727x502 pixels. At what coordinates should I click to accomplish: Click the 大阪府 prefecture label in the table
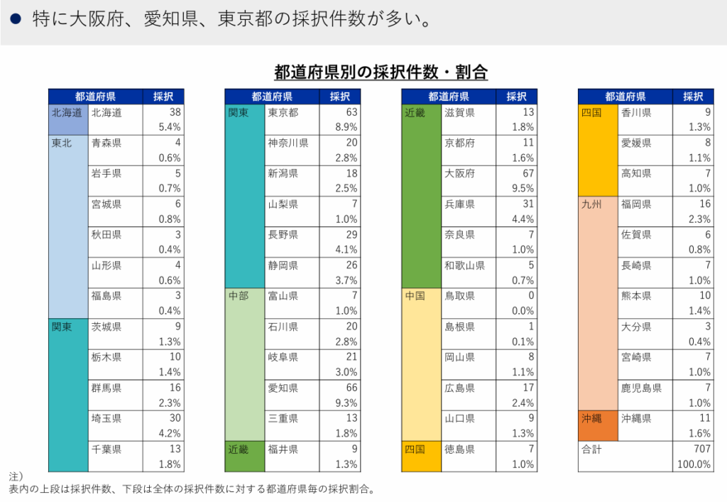459,173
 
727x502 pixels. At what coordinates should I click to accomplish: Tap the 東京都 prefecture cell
283,112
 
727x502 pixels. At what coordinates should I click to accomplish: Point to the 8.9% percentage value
346,127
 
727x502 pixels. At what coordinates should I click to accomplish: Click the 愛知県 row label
283,388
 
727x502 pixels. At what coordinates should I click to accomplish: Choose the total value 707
701,449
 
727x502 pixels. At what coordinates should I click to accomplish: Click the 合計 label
591,449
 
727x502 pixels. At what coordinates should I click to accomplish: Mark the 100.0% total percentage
695,464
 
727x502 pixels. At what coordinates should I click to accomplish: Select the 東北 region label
62,143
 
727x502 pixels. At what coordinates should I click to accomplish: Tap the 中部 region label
239,296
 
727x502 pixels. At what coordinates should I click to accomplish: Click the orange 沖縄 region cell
592,419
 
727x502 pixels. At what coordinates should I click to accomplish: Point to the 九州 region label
591,204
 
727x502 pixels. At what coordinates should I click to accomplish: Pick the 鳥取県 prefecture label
459,296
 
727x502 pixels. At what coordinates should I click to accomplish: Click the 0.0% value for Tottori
523,311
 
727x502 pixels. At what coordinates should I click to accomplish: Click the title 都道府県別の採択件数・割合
381,72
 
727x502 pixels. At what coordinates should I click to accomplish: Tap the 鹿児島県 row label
641,388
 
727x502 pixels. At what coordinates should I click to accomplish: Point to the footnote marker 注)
16,475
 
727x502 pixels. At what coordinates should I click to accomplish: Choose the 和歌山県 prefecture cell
464,266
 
